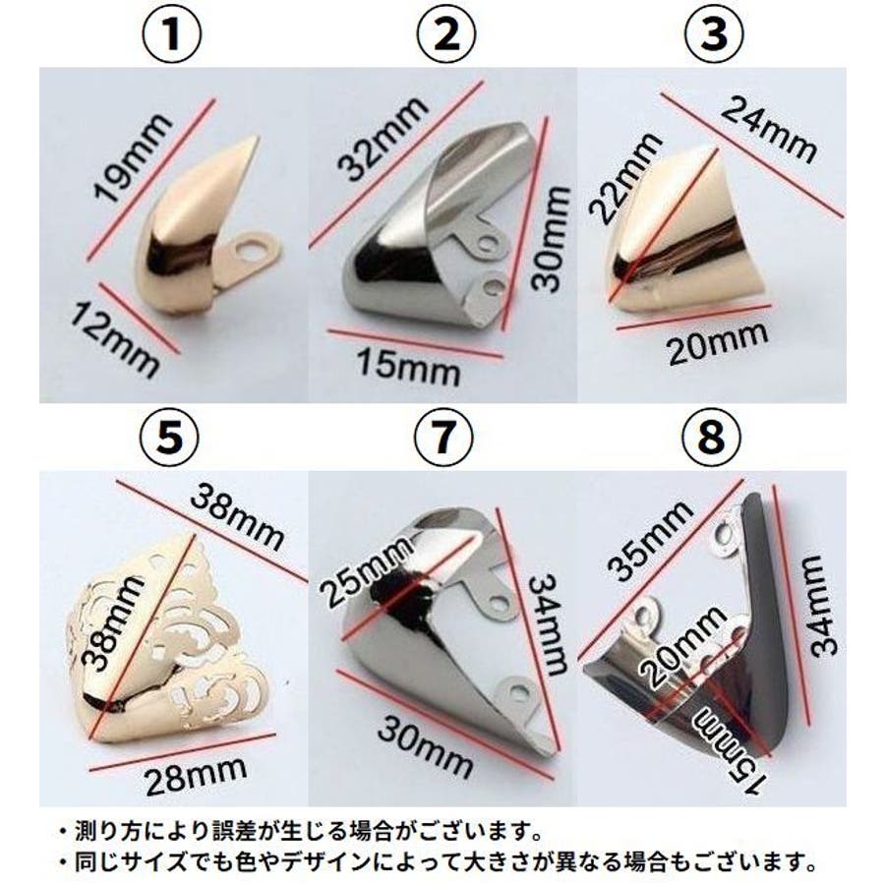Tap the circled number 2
click(x=446, y=33)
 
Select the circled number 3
click(x=713, y=33)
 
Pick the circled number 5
click(x=170, y=438)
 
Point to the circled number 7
click(x=443, y=438)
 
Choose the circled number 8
click(x=711, y=438)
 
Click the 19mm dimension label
click(x=132, y=158)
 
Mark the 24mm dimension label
click(x=769, y=129)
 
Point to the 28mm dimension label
click(x=197, y=776)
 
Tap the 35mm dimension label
click(x=651, y=541)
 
